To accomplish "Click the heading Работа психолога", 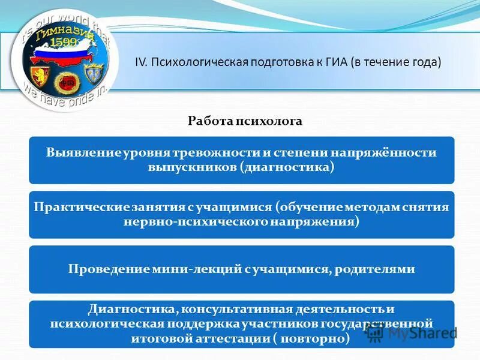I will [245, 121].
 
